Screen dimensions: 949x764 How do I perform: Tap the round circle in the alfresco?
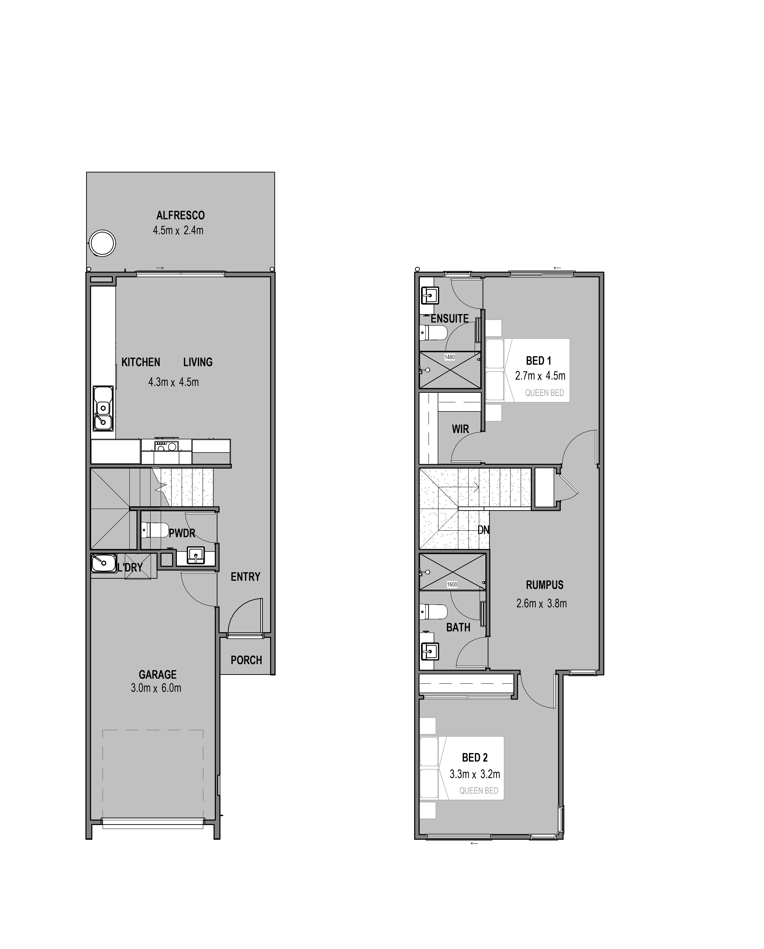pyautogui.click(x=102, y=243)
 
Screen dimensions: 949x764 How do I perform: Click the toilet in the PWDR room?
pyautogui.click(x=154, y=530)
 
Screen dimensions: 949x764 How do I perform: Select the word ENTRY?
pyautogui.click(x=245, y=577)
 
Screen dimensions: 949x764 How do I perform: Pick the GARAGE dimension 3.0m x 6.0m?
pyautogui.click(x=156, y=688)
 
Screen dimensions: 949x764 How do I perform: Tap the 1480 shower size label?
pyautogui.click(x=449, y=357)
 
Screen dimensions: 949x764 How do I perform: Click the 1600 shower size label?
pyautogui.click(x=452, y=585)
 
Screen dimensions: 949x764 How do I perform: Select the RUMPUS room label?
pyautogui.click(x=545, y=585)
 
